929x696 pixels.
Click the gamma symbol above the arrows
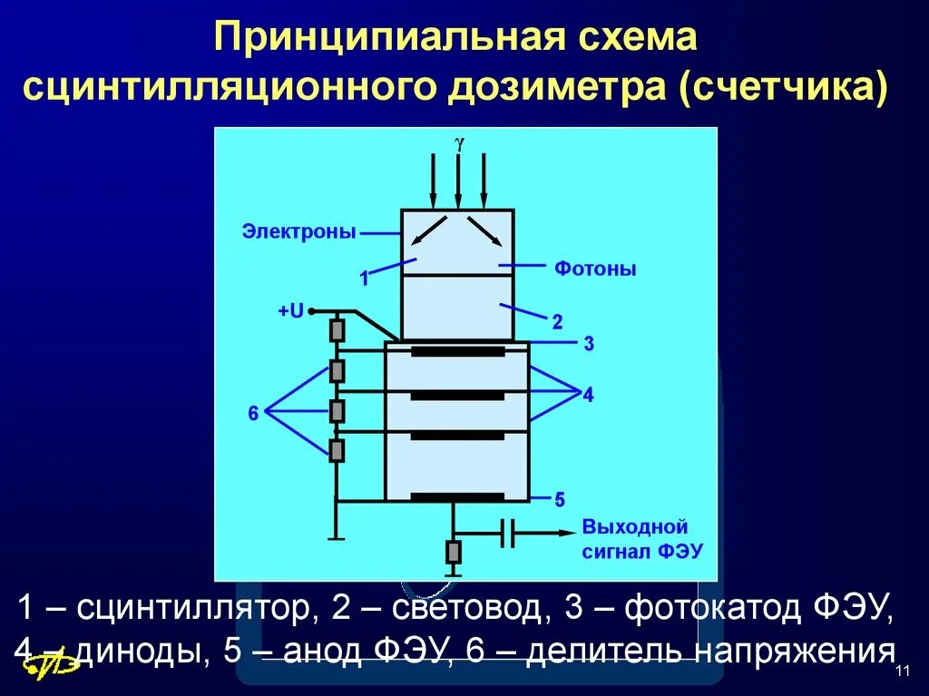[x=459, y=142]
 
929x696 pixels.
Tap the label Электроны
[x=298, y=231]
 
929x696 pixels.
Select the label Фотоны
[x=595, y=270]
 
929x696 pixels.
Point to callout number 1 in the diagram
[x=364, y=279]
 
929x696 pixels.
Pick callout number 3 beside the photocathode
[x=589, y=344]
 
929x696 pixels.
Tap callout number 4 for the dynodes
[x=588, y=395]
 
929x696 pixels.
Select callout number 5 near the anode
[x=560, y=499]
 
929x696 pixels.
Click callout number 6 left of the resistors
[x=253, y=414]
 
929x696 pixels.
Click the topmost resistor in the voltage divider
[x=337, y=329]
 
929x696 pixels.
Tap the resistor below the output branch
[x=454, y=551]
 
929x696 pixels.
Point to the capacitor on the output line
[x=508, y=534]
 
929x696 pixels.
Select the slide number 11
[x=902, y=671]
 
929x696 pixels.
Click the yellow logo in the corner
[x=51, y=665]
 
